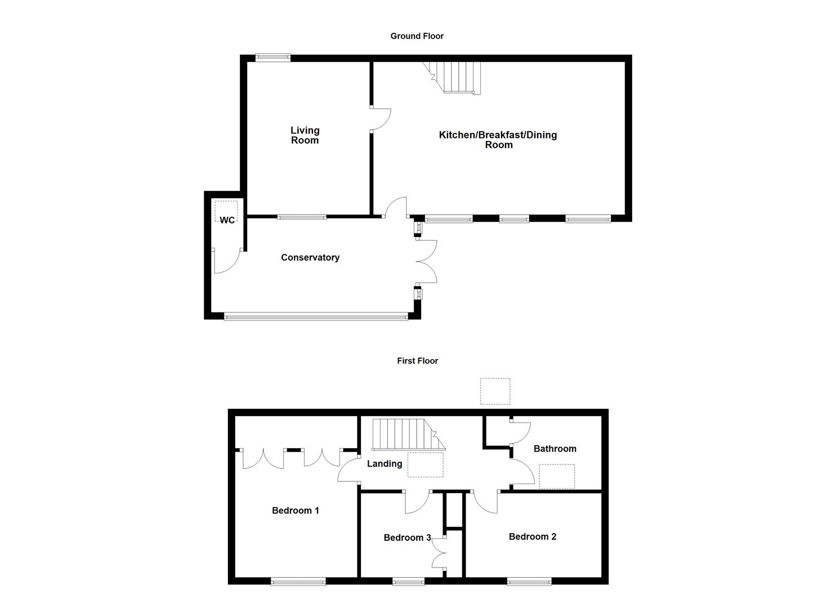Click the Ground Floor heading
coord(417,36)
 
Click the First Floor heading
coord(417,361)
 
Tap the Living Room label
coord(305,136)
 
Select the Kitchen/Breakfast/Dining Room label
coord(498,140)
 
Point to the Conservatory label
coord(310,258)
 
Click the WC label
coord(227,221)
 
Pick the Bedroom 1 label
coord(296,511)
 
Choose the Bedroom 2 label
coord(533,537)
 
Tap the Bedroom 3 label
coord(407,538)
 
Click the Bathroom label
coord(555,449)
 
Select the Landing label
coord(385,464)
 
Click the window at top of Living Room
coord(273,57)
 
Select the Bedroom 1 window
coord(298,582)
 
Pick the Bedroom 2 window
coord(529,582)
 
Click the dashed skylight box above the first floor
coord(495,391)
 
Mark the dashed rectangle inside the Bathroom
coord(557,476)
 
